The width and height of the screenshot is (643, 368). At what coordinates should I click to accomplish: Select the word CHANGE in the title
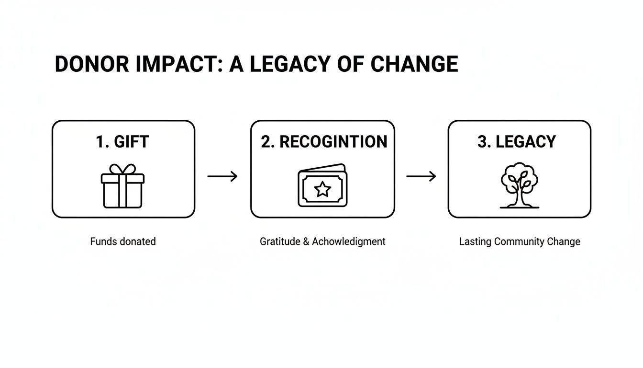[415, 64]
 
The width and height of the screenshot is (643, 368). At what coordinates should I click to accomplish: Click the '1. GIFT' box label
[122, 142]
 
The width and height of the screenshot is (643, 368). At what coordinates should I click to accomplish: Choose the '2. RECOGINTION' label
[324, 142]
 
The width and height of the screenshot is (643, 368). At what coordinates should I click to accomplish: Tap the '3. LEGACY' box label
[517, 142]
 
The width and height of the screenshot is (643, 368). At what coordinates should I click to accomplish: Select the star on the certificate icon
[322, 190]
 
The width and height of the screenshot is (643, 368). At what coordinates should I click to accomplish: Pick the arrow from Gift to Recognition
[222, 176]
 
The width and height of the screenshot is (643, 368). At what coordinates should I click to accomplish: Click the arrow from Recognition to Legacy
[421, 176]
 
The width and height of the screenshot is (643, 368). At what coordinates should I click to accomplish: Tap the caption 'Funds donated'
[123, 241]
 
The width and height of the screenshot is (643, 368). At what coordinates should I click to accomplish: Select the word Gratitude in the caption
[279, 241]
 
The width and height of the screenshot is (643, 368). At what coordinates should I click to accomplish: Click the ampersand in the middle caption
[306, 241]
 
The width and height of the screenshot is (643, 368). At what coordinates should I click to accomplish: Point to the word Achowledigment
[349, 241]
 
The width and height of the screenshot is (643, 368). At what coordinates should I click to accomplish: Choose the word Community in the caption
[517, 241]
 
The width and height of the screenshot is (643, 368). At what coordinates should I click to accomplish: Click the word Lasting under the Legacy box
[475, 241]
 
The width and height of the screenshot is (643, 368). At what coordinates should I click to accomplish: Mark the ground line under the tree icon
[519, 207]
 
